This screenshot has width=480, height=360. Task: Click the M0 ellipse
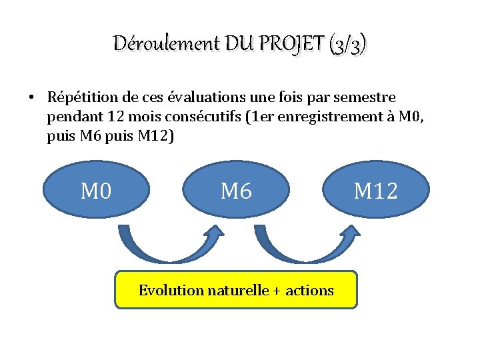click(x=96, y=192)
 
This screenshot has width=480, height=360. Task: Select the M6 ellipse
click(x=236, y=192)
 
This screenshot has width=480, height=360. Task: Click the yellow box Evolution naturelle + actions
click(x=236, y=289)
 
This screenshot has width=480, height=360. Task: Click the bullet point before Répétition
click(x=31, y=97)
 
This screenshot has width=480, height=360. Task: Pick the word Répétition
click(x=79, y=97)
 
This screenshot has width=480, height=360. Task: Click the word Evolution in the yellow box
click(x=170, y=290)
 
